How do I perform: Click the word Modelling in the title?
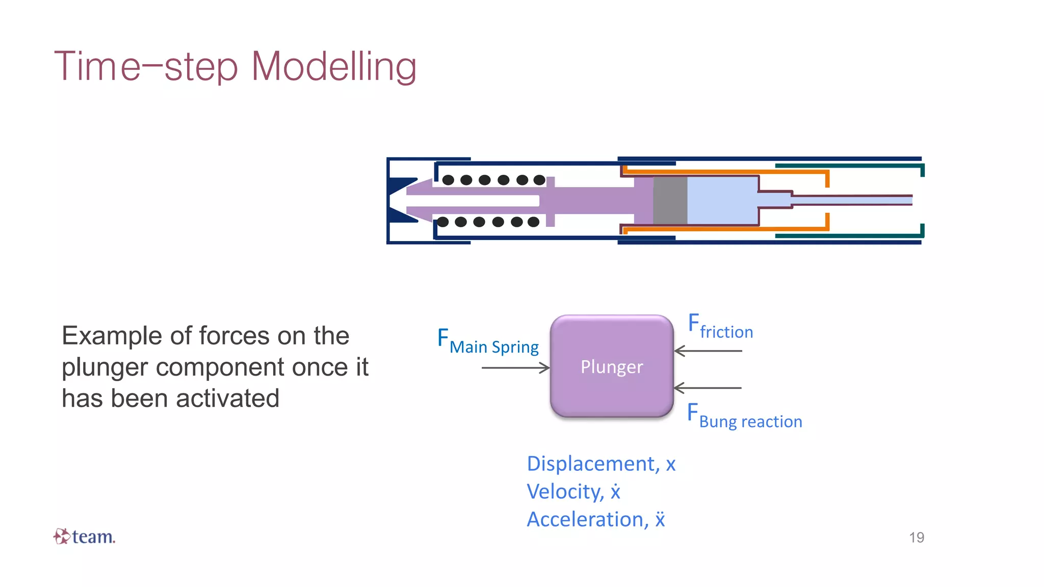tap(334, 66)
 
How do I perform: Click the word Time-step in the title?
tap(146, 66)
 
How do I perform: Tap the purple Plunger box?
tap(612, 366)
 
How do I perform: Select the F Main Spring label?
tap(488, 342)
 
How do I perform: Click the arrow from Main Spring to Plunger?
tap(515, 367)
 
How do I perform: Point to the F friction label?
tap(720, 327)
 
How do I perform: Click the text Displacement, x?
tap(601, 464)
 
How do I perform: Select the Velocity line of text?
tap(573, 492)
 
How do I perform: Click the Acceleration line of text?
tap(595, 520)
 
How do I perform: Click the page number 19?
tap(916, 537)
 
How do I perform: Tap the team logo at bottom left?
tap(85, 537)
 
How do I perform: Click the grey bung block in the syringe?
tap(670, 200)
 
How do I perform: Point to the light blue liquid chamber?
tap(721, 200)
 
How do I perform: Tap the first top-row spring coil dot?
tap(448, 180)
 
